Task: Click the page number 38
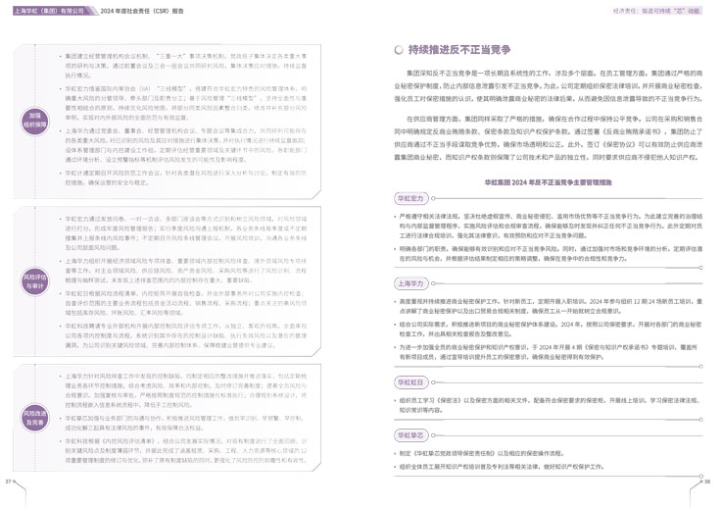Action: point(712,483)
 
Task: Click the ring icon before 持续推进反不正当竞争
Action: point(398,49)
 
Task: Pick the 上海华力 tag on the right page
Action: point(411,282)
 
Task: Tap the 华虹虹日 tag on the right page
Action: point(411,380)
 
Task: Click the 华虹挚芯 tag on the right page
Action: point(411,433)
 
